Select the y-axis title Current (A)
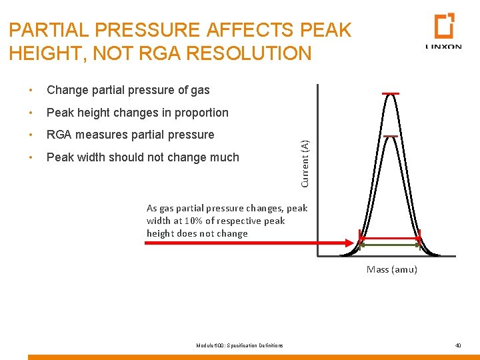305,163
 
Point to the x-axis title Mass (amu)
392,269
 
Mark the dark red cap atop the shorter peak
391,136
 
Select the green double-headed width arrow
390,245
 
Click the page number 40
458,345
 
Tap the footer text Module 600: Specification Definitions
239,345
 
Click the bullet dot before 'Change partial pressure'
31,90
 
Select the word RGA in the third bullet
59,135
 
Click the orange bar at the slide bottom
253,357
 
